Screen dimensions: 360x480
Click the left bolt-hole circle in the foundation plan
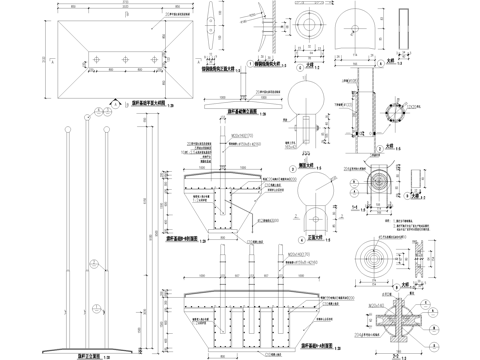(x=94, y=62)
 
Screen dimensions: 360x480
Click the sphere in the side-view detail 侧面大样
(x=304, y=98)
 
